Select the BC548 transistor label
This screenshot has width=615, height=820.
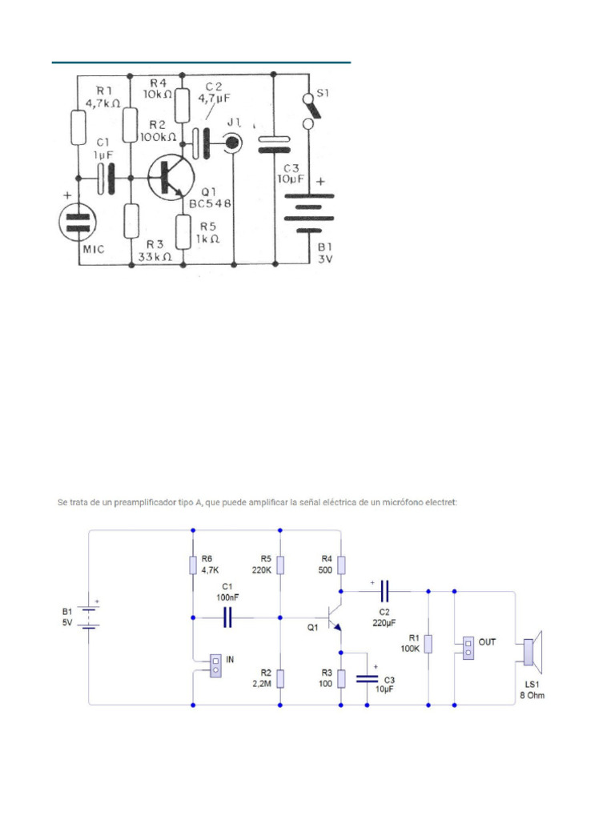click(210, 204)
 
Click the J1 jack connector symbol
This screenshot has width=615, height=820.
click(233, 143)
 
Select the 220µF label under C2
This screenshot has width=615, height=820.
click(383, 623)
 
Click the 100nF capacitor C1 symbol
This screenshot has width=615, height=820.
click(227, 617)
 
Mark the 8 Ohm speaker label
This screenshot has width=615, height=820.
click(532, 695)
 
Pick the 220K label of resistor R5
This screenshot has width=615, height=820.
click(261, 571)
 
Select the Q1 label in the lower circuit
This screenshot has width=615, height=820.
click(312, 628)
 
